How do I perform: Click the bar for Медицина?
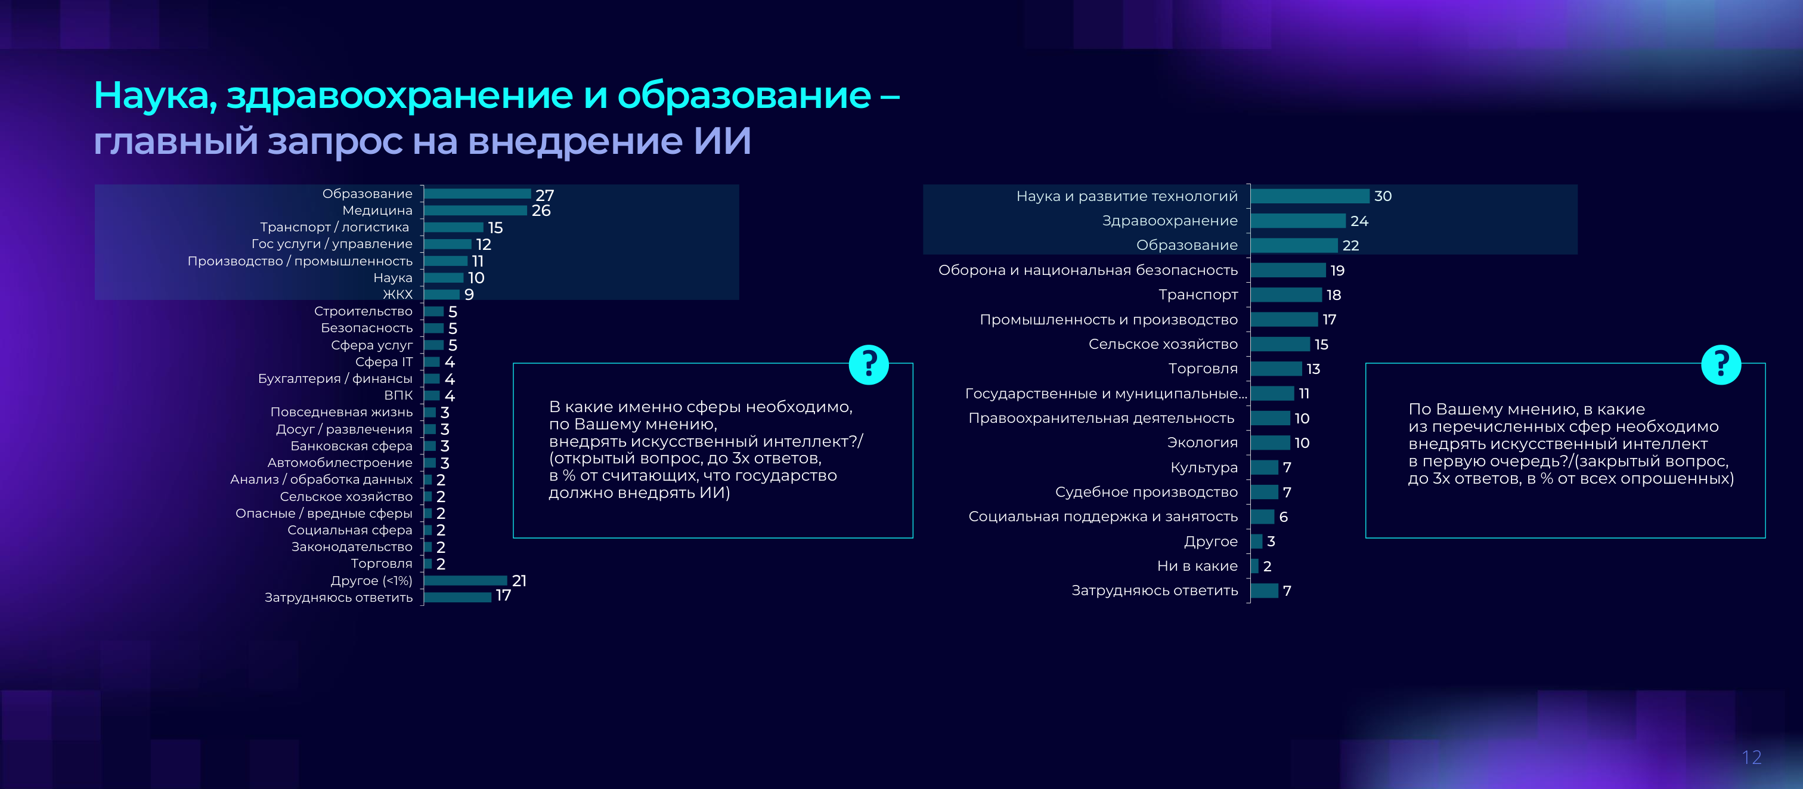tap(475, 210)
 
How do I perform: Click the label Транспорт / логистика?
tap(334, 227)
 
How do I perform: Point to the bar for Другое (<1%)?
tap(466, 580)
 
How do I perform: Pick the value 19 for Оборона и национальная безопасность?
tap(1337, 270)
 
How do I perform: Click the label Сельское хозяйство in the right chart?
tap(1163, 344)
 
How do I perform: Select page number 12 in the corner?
tap(1751, 757)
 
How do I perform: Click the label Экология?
tap(1203, 443)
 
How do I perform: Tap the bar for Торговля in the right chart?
tap(1277, 368)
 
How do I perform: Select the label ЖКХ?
tap(398, 294)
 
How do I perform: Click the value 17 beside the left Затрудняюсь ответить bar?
tap(503, 596)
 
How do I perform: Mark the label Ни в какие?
tap(1197, 566)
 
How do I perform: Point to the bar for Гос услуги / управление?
tap(448, 244)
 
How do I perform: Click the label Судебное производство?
tap(1147, 492)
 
